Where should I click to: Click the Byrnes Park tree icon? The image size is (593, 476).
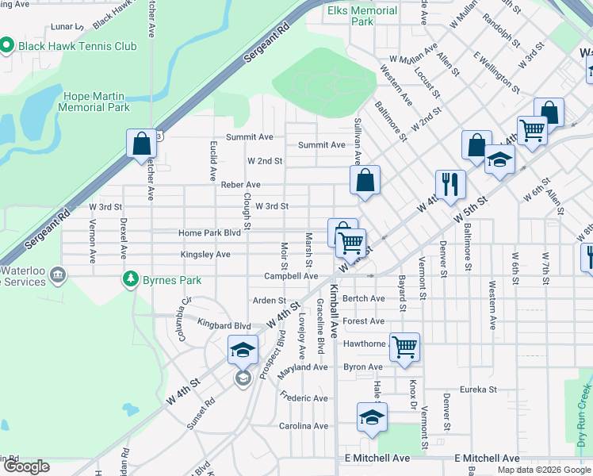click(129, 279)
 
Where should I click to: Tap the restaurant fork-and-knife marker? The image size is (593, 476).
click(450, 185)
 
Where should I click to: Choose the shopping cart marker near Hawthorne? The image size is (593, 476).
click(404, 346)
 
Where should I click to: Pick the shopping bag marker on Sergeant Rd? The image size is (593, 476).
click(141, 144)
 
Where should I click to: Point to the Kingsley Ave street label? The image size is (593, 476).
click(205, 255)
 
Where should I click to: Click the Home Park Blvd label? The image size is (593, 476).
click(209, 233)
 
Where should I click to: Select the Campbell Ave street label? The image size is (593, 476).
click(291, 276)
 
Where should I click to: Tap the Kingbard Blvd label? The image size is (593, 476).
click(224, 326)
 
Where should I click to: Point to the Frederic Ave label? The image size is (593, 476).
click(304, 398)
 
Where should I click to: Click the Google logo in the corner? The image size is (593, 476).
click(26, 466)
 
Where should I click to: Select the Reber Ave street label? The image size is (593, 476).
click(241, 185)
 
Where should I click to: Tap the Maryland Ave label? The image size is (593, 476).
click(302, 367)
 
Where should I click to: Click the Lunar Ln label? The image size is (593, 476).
click(61, 26)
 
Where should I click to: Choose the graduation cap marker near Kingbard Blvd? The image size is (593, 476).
click(243, 350)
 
